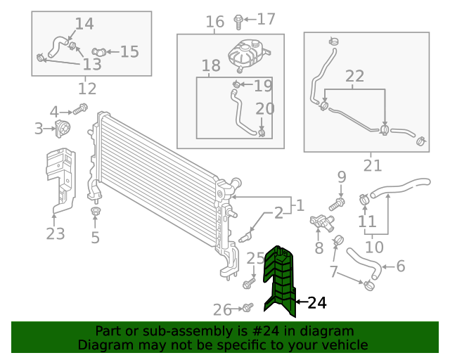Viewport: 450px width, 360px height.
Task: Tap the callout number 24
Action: (317, 303)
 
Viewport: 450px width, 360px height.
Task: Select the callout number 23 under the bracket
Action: (56, 233)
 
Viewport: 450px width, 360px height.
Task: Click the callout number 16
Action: (214, 22)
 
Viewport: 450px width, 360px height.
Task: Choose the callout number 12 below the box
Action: (87, 89)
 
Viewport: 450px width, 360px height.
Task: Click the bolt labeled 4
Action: (79, 109)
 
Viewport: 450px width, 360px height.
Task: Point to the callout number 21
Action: (373, 166)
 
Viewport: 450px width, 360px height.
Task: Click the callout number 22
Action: (354, 76)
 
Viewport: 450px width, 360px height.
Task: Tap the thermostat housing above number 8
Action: (321, 223)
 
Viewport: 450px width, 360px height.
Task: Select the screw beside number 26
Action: (247, 308)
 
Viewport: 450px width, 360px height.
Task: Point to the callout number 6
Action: (401, 266)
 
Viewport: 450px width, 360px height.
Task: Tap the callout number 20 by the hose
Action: (264, 109)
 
